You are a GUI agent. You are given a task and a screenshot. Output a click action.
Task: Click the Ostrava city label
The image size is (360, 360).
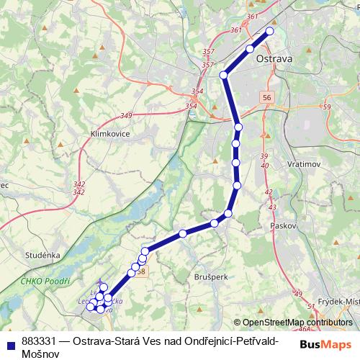274,60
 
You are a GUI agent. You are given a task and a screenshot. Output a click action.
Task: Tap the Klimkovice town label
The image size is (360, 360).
104,134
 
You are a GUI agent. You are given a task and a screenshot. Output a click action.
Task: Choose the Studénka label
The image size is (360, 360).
42,254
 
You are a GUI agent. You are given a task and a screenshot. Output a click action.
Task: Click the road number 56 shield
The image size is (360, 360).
267,97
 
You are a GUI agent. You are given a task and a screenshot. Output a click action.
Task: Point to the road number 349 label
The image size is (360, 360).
127,115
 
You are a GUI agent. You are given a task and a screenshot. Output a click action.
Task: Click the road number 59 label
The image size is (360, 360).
326,107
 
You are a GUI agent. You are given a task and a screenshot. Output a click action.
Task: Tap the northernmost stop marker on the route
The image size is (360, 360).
271,30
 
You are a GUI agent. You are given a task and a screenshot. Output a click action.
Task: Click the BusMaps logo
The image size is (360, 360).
326,343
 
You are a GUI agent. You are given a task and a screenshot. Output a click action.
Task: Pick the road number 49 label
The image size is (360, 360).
298,294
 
